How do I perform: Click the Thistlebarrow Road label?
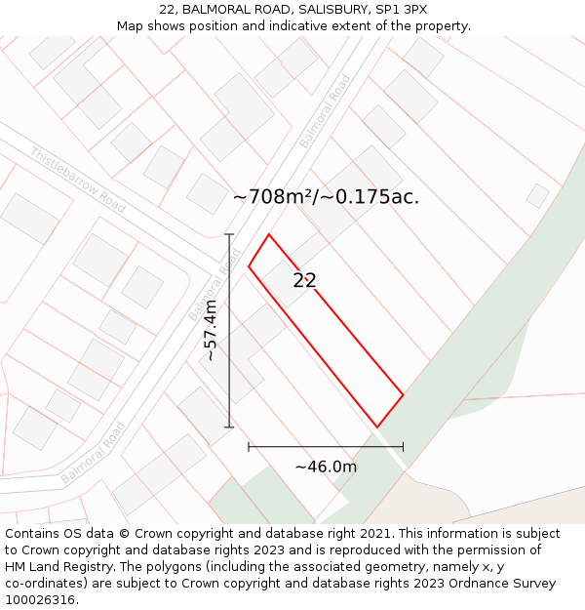(78, 180)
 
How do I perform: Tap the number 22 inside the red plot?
(304, 281)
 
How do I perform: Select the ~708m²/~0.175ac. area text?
(326, 196)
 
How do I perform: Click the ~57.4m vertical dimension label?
(211, 330)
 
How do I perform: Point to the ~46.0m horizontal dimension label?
(326, 467)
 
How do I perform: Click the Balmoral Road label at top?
(325, 111)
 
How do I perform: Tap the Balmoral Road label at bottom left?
(94, 452)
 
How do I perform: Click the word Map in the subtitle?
(130, 25)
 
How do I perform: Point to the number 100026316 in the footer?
(41, 599)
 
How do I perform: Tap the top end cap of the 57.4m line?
(229, 234)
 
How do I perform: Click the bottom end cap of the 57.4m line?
(229, 427)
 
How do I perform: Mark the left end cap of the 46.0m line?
(249, 447)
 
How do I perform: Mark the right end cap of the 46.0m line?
(403, 447)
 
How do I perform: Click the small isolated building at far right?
(538, 195)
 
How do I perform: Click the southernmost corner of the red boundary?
(377, 427)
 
